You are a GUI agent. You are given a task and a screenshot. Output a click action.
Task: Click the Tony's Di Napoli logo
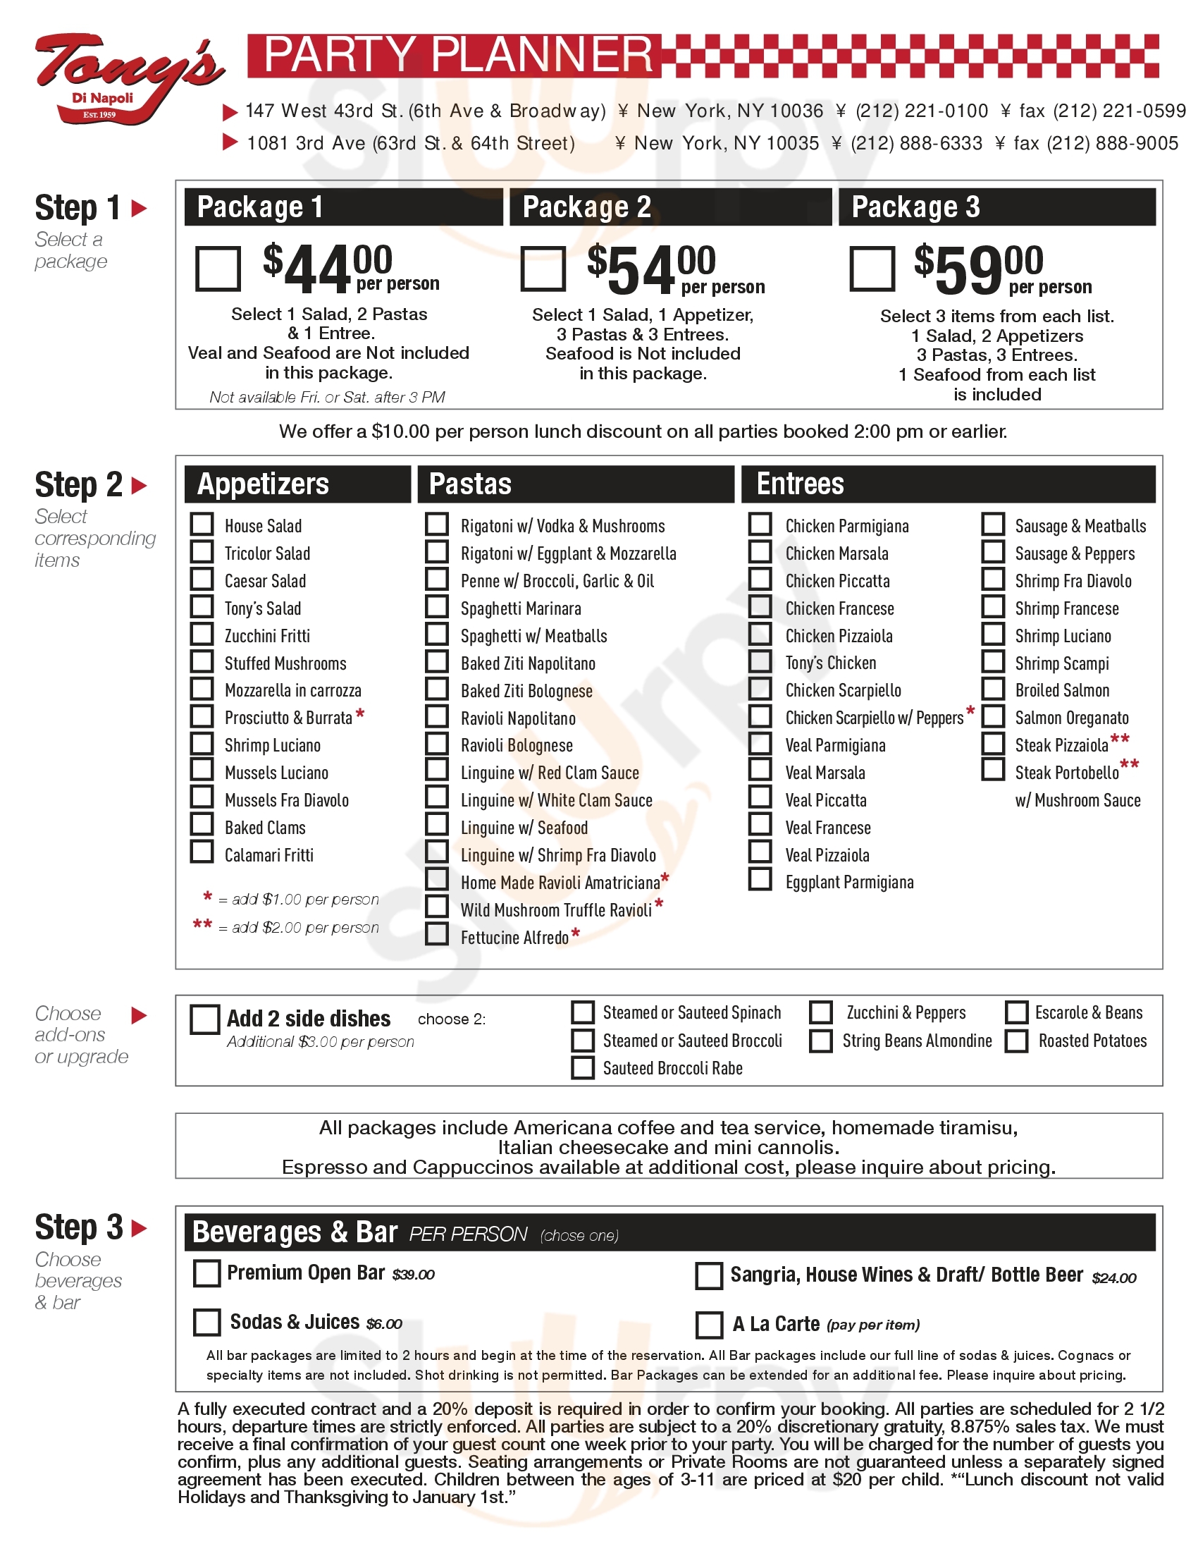coord(128,78)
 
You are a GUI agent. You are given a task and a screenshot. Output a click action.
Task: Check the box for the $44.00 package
coord(218,269)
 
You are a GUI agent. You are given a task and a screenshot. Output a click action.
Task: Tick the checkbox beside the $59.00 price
coord(872,269)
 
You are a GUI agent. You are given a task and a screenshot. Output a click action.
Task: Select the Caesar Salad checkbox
coord(202,580)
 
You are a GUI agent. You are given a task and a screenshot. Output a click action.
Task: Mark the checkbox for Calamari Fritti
coord(202,852)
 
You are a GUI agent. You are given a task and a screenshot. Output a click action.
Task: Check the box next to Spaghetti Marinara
coord(437,606)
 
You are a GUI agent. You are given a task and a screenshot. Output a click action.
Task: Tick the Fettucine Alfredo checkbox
coord(437,934)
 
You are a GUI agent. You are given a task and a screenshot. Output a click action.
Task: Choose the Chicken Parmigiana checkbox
coord(760,524)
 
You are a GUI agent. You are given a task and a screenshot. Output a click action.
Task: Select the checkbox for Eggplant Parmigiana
coord(760,879)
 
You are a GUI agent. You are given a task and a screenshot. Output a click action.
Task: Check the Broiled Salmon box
coord(993,689)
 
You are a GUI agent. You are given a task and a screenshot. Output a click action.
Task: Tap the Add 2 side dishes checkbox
coord(205,1019)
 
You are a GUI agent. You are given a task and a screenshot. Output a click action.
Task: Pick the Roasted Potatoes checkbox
coord(1016,1041)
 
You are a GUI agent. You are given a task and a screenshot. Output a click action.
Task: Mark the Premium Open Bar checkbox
coord(206,1273)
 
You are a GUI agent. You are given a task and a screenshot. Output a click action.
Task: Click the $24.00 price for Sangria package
coord(1113,1278)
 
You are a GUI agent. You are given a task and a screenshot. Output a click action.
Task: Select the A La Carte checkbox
coord(709,1325)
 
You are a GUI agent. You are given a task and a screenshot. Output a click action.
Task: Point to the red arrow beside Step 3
coord(139,1228)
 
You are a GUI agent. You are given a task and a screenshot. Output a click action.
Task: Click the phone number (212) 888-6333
coord(916,143)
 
